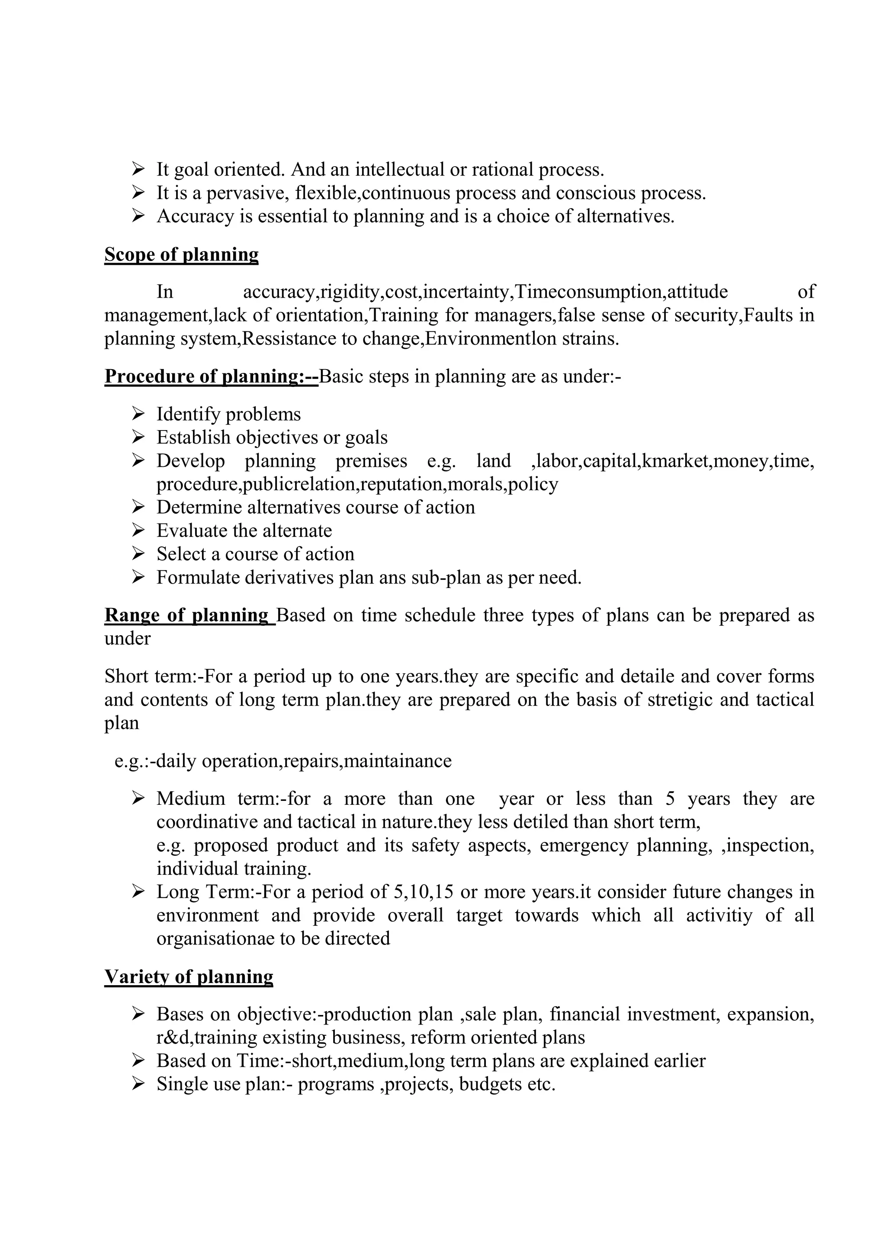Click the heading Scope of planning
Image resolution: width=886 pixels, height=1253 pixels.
[181, 255]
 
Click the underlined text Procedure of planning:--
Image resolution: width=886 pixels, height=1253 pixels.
[211, 376]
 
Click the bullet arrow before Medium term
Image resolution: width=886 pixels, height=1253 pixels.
[138, 799]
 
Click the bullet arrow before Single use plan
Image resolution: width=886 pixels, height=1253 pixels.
[138, 1084]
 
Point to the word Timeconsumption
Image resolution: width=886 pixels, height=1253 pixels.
[588, 292]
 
